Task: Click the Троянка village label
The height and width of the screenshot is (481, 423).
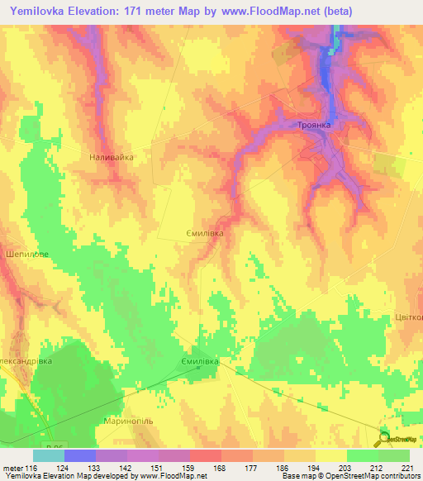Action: (313, 124)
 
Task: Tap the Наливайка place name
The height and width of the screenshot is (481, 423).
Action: (111, 156)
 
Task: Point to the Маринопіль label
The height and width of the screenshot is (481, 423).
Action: (126, 421)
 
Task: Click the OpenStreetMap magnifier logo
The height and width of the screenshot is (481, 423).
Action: (385, 439)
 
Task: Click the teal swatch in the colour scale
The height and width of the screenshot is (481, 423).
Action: (48, 455)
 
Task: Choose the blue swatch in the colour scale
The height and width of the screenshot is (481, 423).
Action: (79, 455)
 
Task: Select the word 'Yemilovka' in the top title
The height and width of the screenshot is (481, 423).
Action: (41, 12)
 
